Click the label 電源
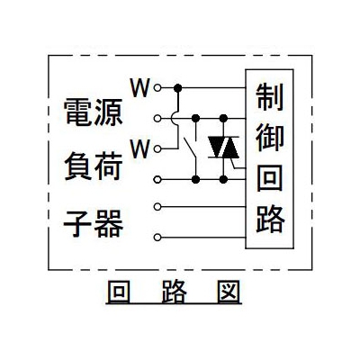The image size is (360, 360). tap(94, 112)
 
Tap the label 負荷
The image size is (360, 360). tap(94, 166)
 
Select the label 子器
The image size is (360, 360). tap(94, 223)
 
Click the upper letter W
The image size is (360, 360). tap(139, 88)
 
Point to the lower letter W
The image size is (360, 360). tap(139, 149)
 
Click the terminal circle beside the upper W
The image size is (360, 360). tap(157, 88)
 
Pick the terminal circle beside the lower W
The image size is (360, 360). tap(157, 148)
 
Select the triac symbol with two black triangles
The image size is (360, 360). tap(223, 148)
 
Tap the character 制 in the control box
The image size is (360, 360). tap(270, 96)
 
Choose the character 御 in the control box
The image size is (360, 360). tap(270, 137)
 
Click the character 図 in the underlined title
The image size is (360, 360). tap(229, 292)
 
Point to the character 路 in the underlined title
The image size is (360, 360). tap(174, 292)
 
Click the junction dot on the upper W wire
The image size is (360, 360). tap(178, 88)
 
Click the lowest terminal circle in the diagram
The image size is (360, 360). tap(157, 238)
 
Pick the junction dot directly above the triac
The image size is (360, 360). tap(223, 119)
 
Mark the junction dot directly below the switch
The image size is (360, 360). tap(195, 179)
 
